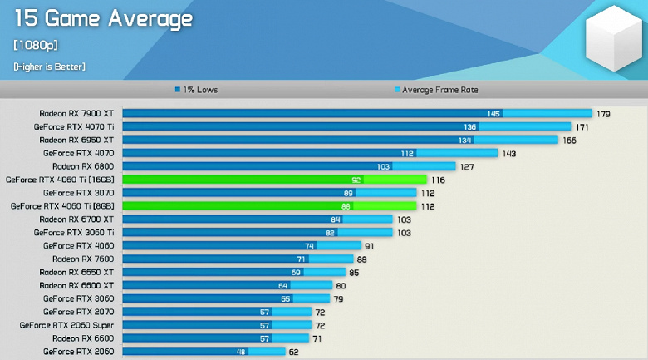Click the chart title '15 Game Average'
[x=103, y=19]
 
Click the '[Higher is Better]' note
[x=49, y=66]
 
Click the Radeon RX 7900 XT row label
[x=76, y=113]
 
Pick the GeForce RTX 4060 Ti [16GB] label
[x=62, y=180]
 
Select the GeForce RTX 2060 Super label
[x=67, y=325]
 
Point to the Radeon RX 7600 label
[x=83, y=259]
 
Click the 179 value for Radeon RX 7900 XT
[x=603, y=113]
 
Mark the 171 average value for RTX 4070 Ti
[x=582, y=126]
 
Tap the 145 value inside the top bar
[x=493, y=113]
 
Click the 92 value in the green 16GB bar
[x=356, y=180]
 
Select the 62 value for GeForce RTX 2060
[x=294, y=352]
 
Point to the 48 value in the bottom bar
[x=241, y=352]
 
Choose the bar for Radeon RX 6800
[x=282, y=166]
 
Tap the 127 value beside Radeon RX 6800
[x=467, y=166]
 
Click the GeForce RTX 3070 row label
[x=79, y=193]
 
